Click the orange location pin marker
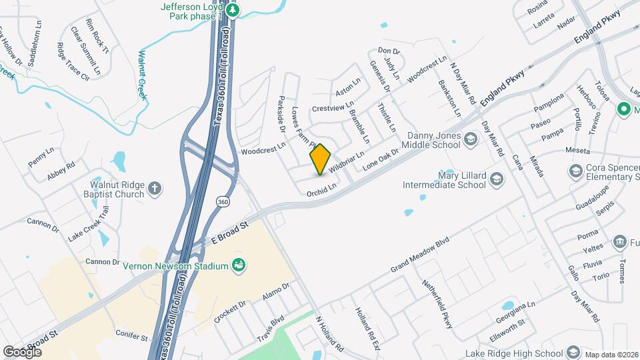320,159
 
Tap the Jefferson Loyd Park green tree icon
233,10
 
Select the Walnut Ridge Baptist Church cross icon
155,188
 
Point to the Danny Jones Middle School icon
471,139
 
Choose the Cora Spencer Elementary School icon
575,172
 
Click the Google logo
21,351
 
